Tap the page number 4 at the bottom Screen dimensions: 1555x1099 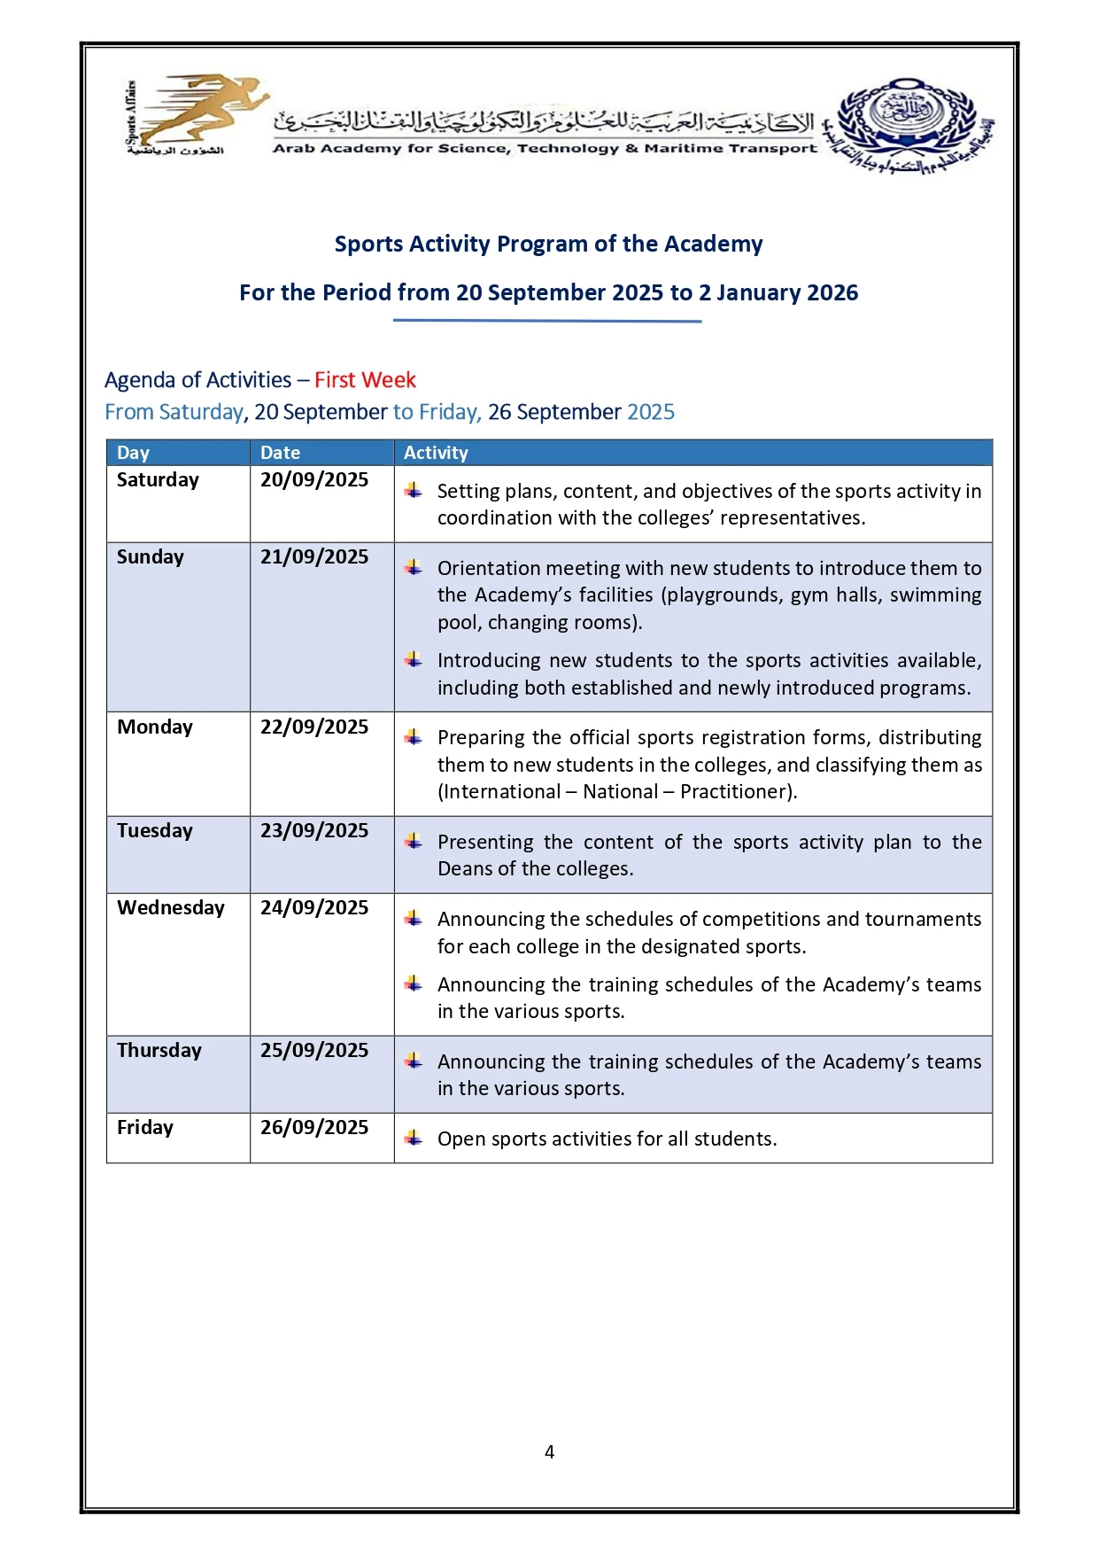[x=549, y=1451]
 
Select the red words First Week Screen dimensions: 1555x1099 [x=365, y=380]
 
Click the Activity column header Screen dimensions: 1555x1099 [x=436, y=453]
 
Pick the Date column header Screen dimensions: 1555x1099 [x=280, y=453]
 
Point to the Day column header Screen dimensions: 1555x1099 [x=133, y=453]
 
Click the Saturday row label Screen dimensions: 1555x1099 [x=158, y=480]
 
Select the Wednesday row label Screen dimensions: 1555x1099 [x=171, y=908]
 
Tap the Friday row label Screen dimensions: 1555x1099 [x=145, y=1128]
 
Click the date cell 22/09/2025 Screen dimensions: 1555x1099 [x=314, y=727]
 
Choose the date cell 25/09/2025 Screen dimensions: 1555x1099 [x=314, y=1051]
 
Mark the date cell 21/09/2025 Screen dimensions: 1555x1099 [x=314, y=557]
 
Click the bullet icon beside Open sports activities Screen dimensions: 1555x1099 [x=414, y=1138]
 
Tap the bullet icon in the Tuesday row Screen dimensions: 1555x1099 [x=414, y=841]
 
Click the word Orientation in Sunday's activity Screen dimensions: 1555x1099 [x=488, y=569]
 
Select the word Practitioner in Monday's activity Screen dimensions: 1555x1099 [x=736, y=792]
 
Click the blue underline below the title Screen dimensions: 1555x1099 [x=547, y=321]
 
